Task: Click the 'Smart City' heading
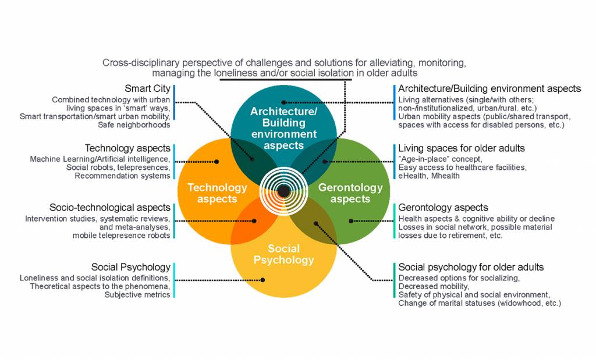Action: (147, 89)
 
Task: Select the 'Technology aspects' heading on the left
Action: (127, 148)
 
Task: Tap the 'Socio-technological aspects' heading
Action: (109, 208)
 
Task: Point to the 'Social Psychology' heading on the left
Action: (130, 267)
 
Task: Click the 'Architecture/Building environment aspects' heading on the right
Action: (489, 89)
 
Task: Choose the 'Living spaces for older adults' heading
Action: (461, 148)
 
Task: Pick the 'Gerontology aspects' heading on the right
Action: (443, 208)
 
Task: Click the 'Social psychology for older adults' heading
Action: (471, 267)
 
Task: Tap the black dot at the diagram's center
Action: (283, 191)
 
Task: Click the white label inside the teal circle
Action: (283, 128)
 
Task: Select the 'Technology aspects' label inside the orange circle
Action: (217, 193)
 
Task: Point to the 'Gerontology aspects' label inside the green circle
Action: (350, 193)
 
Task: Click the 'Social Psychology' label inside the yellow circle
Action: (283, 254)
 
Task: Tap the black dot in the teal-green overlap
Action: (325, 161)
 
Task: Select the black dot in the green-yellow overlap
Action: (315, 223)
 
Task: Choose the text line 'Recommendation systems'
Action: (122, 176)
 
